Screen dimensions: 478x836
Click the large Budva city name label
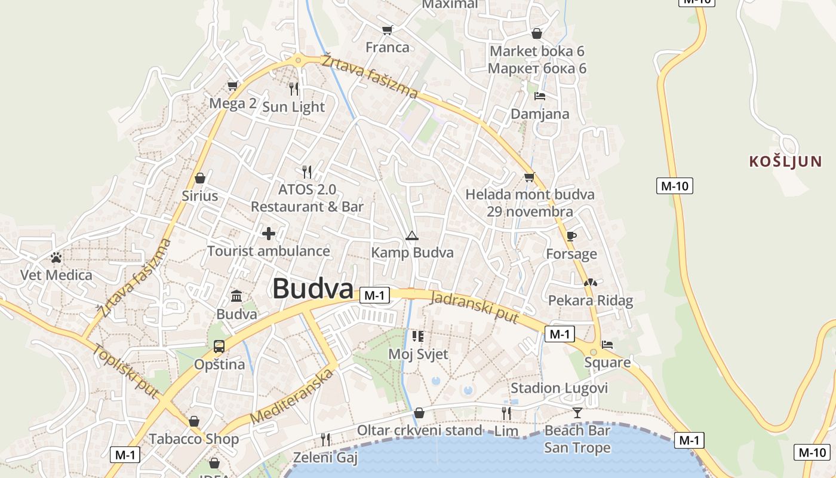coord(313,289)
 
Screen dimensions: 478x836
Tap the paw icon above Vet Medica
coord(56,258)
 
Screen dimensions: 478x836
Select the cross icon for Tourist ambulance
coord(269,233)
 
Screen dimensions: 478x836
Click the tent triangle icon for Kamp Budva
coord(411,235)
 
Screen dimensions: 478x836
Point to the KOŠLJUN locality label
coord(785,161)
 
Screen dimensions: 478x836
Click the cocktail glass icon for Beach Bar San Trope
coord(577,412)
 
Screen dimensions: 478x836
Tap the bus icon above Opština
coord(219,347)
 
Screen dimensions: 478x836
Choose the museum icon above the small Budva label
coord(236,296)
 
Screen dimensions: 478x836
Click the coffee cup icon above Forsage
coord(571,236)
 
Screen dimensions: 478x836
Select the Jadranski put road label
coord(475,308)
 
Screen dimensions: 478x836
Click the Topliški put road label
coord(125,371)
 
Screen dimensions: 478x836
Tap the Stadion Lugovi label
coord(559,388)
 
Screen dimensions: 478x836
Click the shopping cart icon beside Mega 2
coord(233,86)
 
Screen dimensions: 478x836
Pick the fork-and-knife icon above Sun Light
coord(294,89)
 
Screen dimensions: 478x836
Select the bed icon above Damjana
coord(540,96)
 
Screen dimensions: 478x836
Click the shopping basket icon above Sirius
coord(200,178)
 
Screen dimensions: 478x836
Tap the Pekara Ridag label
coord(590,301)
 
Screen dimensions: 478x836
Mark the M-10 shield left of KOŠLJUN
coord(675,186)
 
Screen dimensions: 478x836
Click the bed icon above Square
coord(607,345)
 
